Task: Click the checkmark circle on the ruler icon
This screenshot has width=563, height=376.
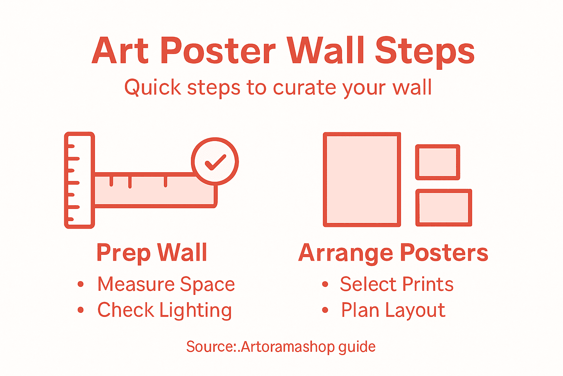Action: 215,162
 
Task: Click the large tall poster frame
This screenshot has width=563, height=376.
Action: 362,180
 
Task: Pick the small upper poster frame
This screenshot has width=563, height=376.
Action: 438,162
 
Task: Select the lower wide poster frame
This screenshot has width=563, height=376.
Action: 444,207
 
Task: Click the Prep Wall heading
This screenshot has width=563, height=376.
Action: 152,253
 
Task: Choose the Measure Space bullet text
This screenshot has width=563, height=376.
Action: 166,285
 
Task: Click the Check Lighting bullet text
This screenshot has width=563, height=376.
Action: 165,310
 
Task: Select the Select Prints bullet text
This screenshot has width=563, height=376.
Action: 397,285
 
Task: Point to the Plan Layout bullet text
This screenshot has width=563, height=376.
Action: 393,310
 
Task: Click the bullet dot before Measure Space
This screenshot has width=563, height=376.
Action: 81,284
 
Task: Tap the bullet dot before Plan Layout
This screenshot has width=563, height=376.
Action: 325,310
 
